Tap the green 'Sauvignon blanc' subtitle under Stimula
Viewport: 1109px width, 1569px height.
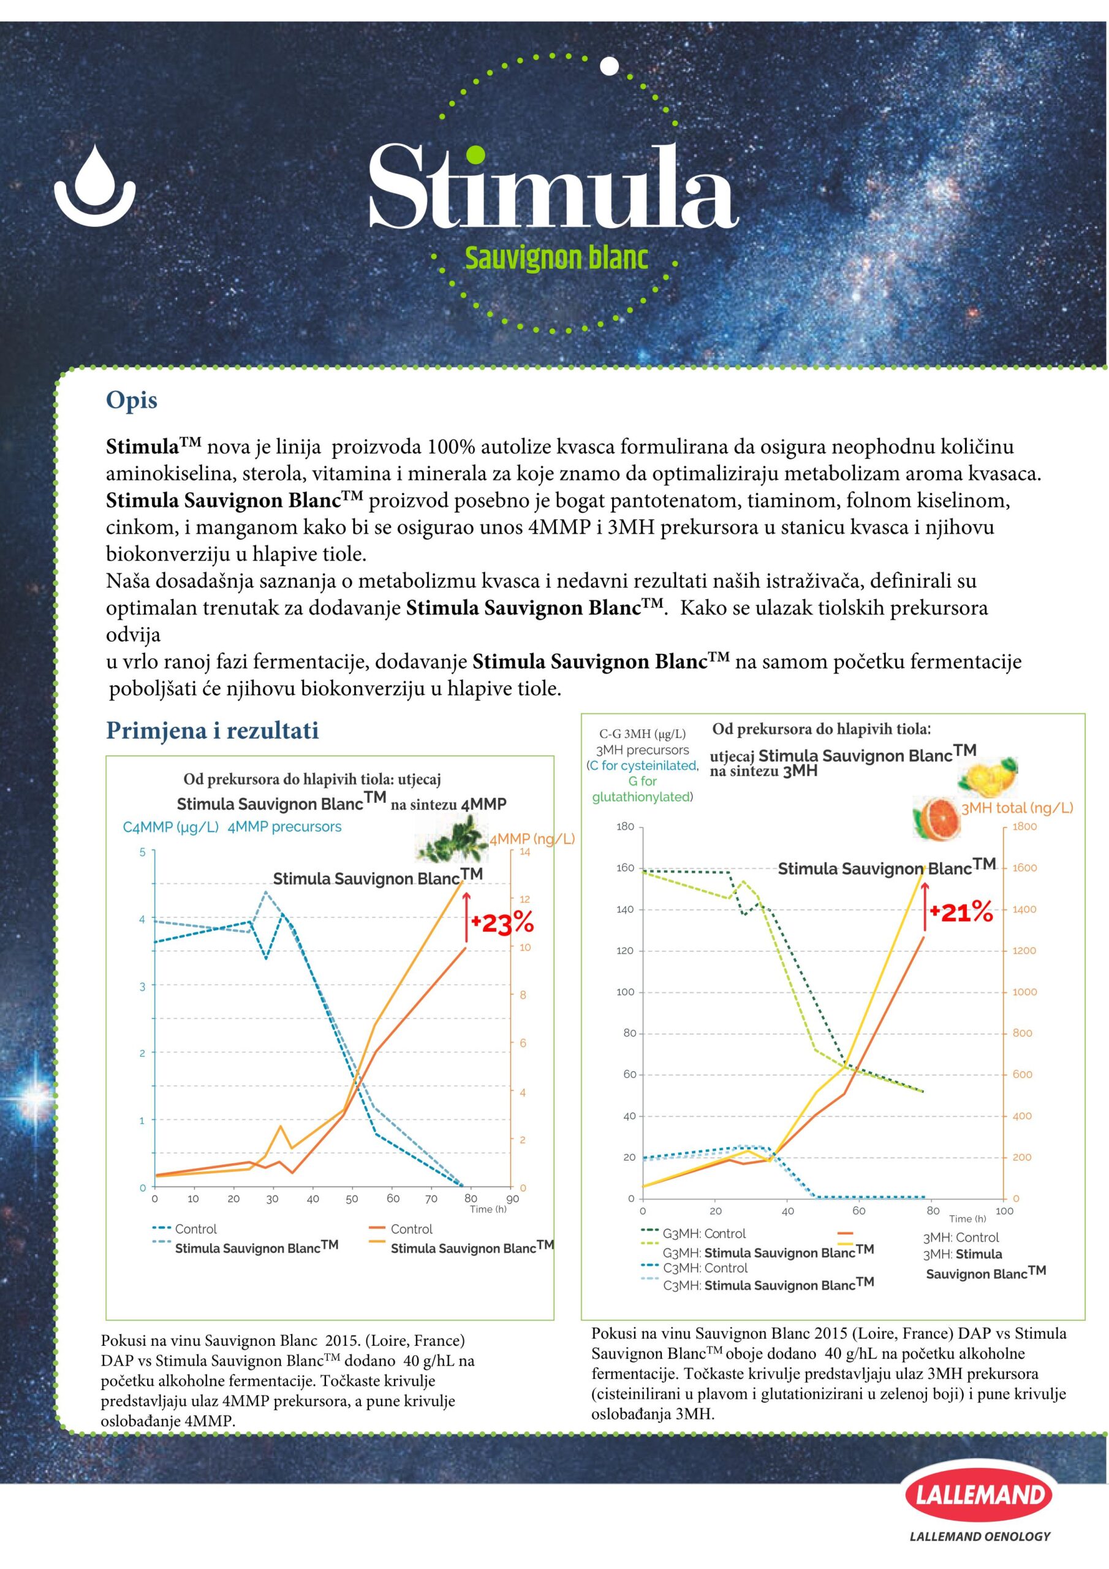[x=556, y=259]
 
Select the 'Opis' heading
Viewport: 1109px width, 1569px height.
[x=131, y=400]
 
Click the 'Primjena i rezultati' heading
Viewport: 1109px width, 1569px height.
[x=212, y=731]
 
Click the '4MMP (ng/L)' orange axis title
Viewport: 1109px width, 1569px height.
[x=532, y=838]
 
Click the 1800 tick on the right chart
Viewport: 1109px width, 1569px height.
[x=1024, y=826]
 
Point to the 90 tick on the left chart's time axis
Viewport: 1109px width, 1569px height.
[x=512, y=1199]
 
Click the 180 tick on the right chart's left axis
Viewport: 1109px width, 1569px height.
[x=624, y=827]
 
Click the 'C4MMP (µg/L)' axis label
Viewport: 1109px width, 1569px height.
[x=171, y=827]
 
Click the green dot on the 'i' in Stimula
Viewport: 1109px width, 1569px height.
[x=477, y=156]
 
